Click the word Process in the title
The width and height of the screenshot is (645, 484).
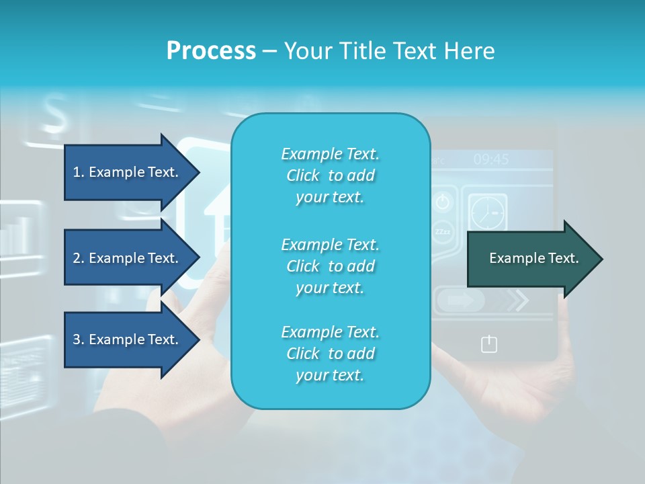[x=211, y=50]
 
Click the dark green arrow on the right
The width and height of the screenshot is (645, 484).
[x=533, y=259]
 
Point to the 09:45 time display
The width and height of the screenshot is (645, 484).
[x=491, y=159]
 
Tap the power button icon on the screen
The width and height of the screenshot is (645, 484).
[x=443, y=202]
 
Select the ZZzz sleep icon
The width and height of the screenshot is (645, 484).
[x=443, y=231]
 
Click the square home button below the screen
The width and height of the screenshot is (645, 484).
[x=489, y=345]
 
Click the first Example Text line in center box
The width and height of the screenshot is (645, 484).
[x=330, y=154]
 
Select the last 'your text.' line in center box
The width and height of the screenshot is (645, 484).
[x=330, y=375]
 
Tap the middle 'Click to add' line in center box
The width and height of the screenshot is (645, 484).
[x=330, y=266]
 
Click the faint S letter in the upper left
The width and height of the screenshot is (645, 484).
[x=55, y=114]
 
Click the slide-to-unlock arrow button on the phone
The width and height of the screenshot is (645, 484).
[x=460, y=300]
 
